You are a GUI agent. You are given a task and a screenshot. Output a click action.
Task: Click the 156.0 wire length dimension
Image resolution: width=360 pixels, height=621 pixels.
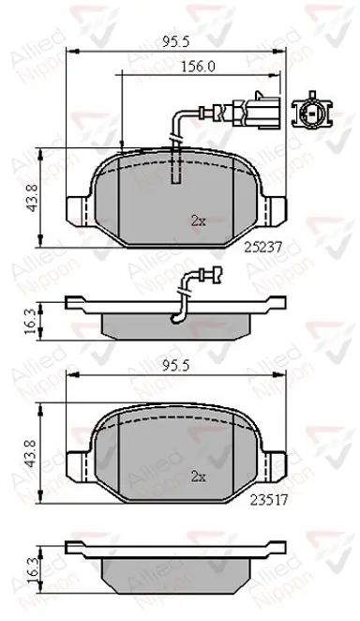click(198, 67)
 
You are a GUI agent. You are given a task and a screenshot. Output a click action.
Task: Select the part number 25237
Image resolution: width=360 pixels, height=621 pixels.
click(262, 248)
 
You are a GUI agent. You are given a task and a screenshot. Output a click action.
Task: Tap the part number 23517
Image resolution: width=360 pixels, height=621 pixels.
click(268, 500)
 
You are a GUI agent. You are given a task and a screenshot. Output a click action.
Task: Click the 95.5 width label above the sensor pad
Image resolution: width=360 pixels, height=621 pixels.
click(176, 41)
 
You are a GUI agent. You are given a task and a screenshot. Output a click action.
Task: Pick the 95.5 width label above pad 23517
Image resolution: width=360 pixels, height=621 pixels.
click(176, 367)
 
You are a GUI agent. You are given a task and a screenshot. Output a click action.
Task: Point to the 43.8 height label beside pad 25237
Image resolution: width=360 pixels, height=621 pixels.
click(34, 198)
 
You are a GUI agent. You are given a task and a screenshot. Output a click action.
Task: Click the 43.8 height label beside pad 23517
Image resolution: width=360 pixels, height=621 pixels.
click(34, 453)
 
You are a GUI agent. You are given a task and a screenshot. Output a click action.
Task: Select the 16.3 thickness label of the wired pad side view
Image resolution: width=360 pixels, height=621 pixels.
click(32, 321)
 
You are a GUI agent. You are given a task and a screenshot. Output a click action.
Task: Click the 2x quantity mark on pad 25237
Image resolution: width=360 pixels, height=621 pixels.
click(199, 221)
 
